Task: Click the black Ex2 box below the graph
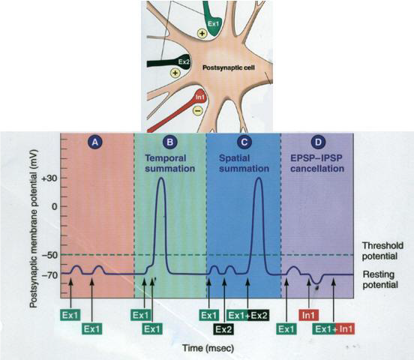(x=223, y=328)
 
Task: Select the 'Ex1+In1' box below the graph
(x=335, y=328)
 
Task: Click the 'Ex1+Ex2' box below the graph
(x=248, y=314)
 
